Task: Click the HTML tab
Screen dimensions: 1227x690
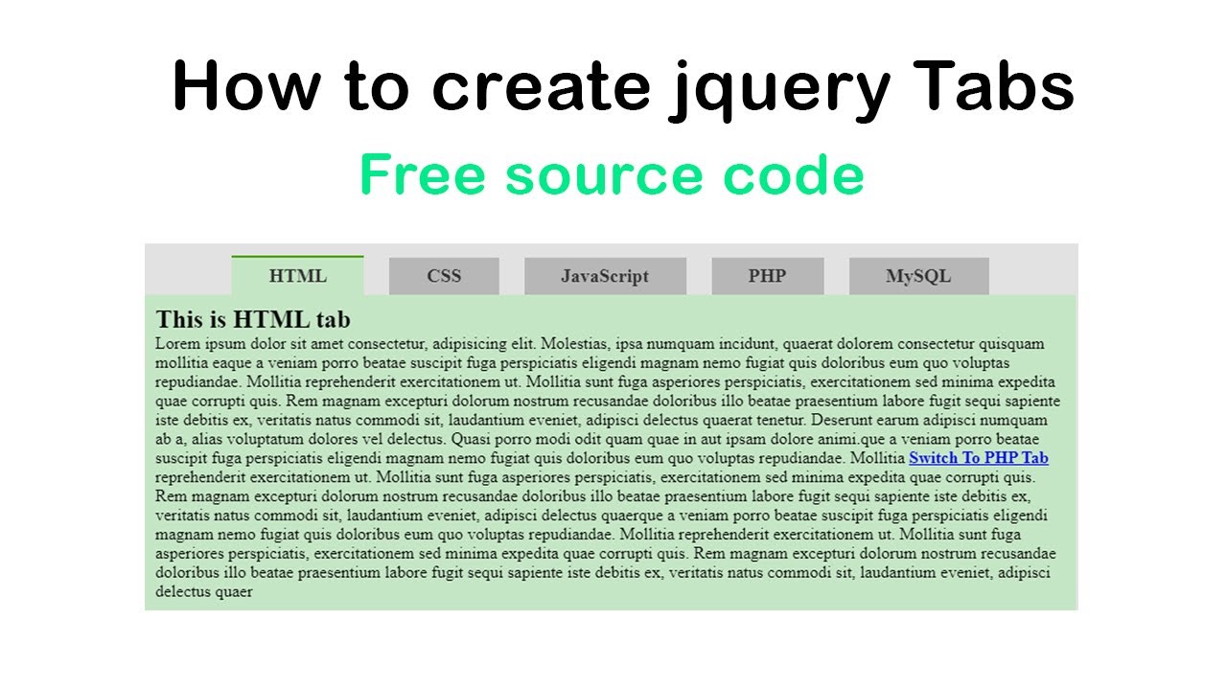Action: [297, 276]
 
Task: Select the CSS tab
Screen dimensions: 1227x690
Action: [444, 276]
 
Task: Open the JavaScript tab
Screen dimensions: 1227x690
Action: [605, 276]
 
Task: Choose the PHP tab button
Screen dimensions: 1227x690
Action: [767, 276]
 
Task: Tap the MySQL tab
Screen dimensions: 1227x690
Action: [918, 276]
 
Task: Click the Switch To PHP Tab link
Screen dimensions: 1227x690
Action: [979, 458]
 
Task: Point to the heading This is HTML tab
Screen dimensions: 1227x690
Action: [253, 319]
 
